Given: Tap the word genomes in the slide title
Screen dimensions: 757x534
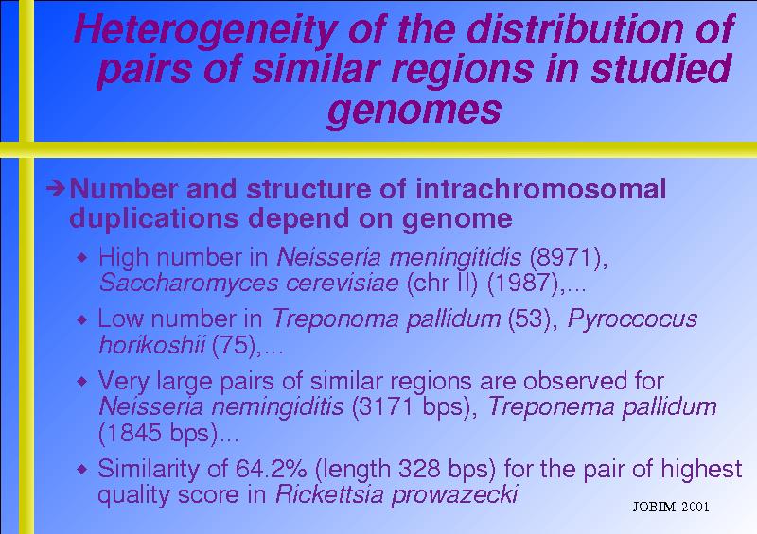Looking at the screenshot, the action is coord(414,111).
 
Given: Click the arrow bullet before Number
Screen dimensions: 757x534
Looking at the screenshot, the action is coord(56,188).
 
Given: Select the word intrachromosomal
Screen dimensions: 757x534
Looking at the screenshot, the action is coord(540,189).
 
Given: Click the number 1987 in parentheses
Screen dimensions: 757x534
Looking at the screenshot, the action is coord(523,283).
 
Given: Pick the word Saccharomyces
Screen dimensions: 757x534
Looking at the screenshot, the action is coord(188,284).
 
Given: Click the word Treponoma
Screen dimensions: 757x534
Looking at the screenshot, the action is coord(336,319).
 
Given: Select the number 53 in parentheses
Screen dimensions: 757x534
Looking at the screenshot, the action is coord(530,319).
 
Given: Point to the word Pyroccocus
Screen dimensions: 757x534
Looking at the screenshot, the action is coord(632,319).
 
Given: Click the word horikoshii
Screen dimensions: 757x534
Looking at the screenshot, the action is coord(151,345).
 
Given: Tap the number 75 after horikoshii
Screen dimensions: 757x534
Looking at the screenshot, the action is coord(233,345).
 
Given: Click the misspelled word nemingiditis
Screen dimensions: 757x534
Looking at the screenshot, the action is coord(277,406).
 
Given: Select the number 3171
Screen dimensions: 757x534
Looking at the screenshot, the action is coord(386,406).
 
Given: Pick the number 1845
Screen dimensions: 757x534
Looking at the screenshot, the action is coord(132,432).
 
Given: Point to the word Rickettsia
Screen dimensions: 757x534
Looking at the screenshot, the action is coord(329,494).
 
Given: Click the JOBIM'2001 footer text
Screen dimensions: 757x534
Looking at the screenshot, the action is coord(671,507).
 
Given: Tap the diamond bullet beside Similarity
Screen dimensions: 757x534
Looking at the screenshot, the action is coord(82,469).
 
